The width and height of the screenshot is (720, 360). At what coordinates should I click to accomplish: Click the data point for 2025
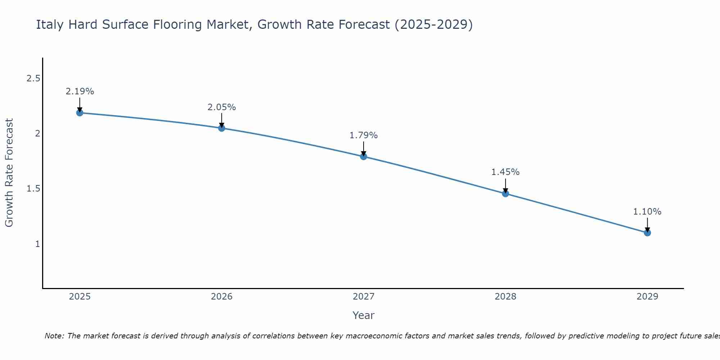click(80, 113)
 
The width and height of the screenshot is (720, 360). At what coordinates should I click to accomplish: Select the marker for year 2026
click(221, 128)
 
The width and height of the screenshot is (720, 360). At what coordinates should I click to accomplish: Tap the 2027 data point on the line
click(363, 156)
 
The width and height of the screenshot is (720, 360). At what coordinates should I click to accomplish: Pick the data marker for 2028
click(505, 194)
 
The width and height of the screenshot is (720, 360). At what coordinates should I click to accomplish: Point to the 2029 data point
click(647, 233)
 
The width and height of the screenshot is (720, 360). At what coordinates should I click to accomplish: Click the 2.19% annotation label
click(80, 91)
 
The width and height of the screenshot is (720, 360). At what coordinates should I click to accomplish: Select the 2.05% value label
click(221, 107)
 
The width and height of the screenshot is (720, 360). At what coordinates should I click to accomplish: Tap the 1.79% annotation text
click(363, 135)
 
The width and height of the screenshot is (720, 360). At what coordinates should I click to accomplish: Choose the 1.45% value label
click(505, 172)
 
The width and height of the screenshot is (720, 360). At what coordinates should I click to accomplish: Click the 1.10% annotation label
click(647, 212)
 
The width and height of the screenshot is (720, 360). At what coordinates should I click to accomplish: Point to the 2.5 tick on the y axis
click(33, 78)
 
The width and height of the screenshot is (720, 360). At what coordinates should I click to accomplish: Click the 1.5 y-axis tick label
click(33, 189)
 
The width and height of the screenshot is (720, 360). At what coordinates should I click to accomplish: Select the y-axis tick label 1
click(37, 244)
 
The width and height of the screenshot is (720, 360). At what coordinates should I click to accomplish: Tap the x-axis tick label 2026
click(221, 297)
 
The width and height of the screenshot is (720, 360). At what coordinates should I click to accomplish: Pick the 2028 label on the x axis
click(505, 297)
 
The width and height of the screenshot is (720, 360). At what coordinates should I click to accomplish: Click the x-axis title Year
click(363, 315)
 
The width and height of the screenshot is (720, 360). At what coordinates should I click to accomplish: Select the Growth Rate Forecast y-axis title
click(9, 173)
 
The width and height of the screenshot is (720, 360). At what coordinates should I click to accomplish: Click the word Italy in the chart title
click(50, 24)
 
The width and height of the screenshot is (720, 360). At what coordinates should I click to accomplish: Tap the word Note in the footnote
click(54, 336)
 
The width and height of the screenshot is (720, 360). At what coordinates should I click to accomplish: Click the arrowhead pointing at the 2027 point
click(363, 153)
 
